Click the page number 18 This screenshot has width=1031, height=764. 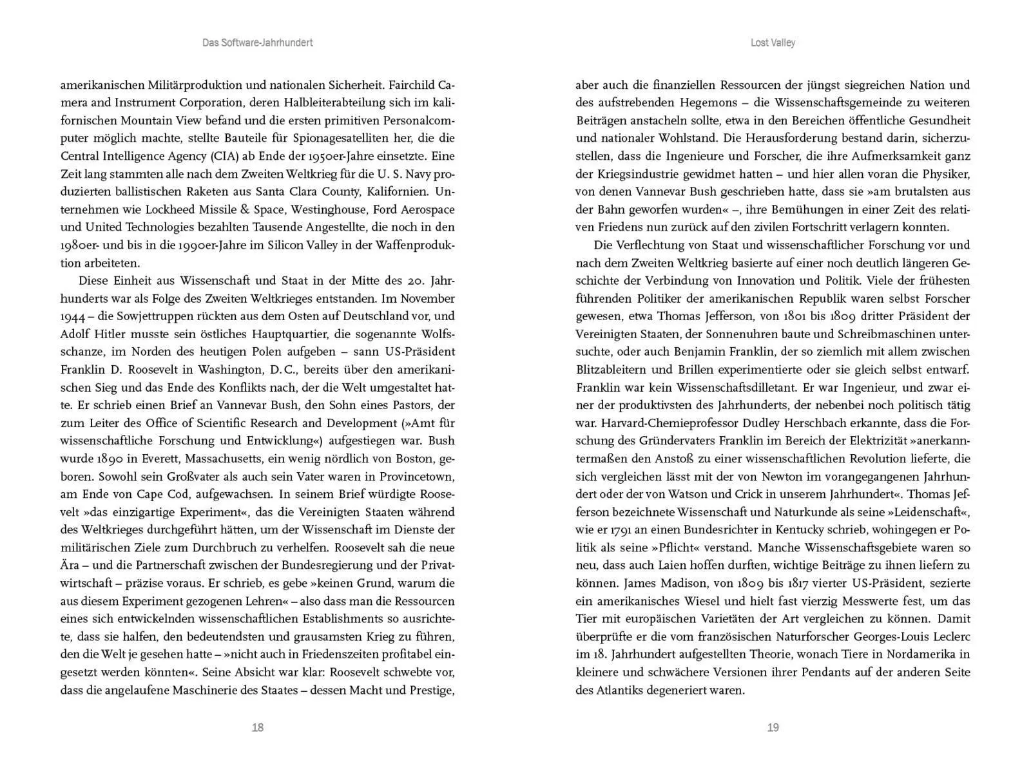point(257,727)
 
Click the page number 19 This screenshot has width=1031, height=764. point(773,727)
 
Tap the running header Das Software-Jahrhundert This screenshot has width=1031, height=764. point(257,43)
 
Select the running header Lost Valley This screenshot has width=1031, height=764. point(773,43)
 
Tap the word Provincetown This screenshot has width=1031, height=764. point(416,477)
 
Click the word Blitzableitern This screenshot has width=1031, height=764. point(615,370)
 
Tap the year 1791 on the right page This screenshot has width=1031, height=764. point(617,530)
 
